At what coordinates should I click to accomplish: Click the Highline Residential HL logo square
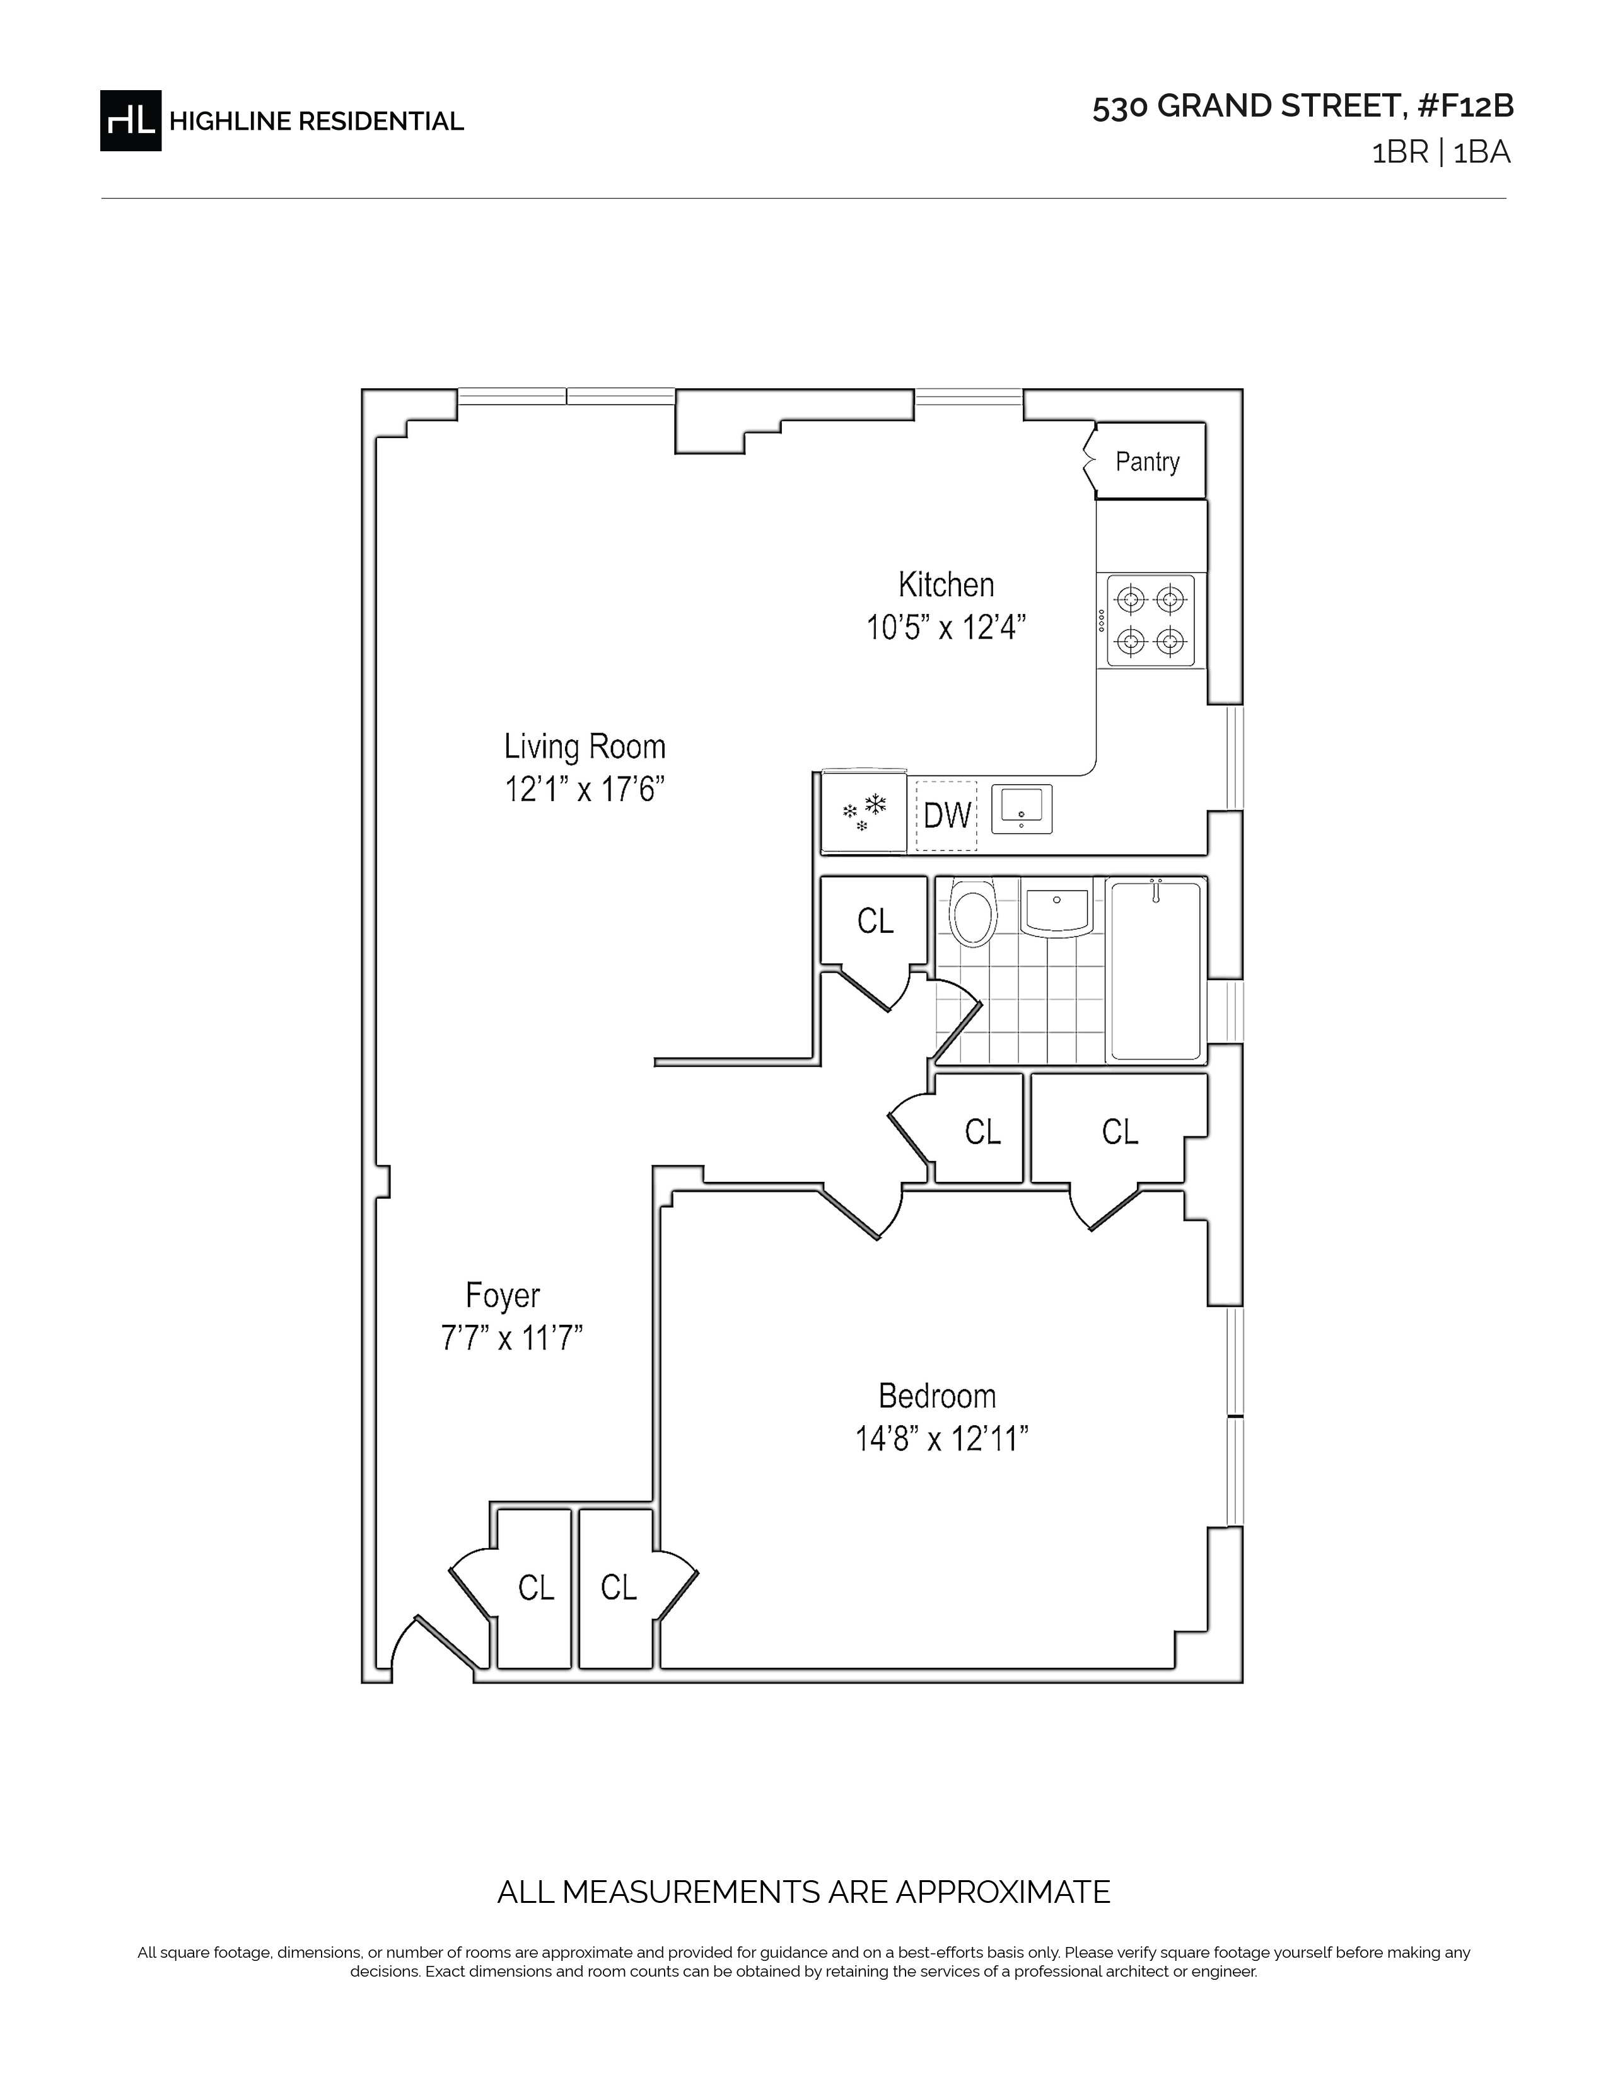coord(131,120)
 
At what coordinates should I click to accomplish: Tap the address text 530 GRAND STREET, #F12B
coord(1302,107)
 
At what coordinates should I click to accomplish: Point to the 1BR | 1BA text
coord(1440,153)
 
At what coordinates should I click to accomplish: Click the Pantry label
coord(1147,462)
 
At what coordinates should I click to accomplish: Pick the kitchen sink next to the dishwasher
coord(1021,809)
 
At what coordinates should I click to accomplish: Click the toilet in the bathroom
coord(972,913)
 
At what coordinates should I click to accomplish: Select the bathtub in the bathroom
coord(1155,969)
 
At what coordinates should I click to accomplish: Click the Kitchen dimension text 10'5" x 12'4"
coord(946,628)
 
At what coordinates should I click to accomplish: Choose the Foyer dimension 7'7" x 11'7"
coord(511,1338)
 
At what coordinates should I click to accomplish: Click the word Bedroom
coord(937,1396)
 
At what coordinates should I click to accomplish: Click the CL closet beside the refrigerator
coord(875,921)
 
